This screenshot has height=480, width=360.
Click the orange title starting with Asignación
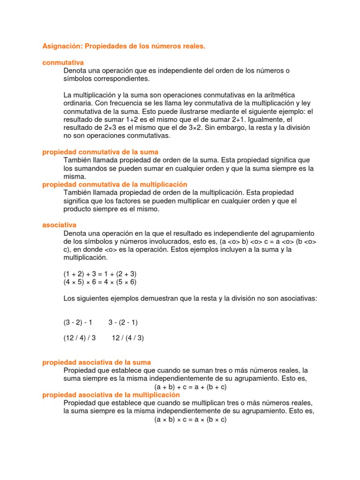coord(124,47)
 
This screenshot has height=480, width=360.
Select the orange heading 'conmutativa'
coord(63,62)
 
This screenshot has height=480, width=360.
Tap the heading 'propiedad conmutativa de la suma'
coord(100,152)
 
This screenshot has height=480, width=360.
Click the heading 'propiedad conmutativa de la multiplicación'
coord(115,184)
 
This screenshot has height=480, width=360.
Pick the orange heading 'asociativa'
coord(59,225)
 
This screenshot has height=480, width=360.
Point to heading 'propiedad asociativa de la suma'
coord(97,362)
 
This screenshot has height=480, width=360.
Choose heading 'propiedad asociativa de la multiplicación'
coord(111,395)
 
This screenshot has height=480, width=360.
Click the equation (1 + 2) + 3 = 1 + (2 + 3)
coord(100,273)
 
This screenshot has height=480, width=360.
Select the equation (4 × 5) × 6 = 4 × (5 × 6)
coord(100,282)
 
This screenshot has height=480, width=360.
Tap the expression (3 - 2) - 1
coord(78,322)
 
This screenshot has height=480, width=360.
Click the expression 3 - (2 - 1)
coord(123,322)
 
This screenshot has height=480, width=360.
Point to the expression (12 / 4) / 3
coord(80,338)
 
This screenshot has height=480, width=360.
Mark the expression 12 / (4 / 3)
coord(128,338)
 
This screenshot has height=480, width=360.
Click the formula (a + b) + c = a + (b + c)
coord(190,387)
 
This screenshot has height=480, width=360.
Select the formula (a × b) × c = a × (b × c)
coord(190,420)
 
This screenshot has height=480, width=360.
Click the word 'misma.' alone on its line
coord(75,176)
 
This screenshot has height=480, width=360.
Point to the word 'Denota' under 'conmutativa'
coord(74,70)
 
